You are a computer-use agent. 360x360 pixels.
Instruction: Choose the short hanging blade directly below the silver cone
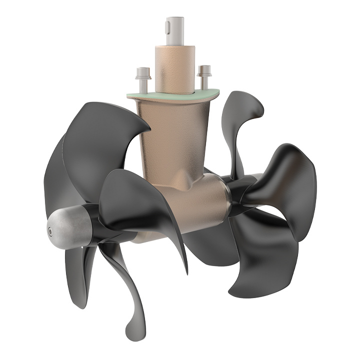click(80, 270)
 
